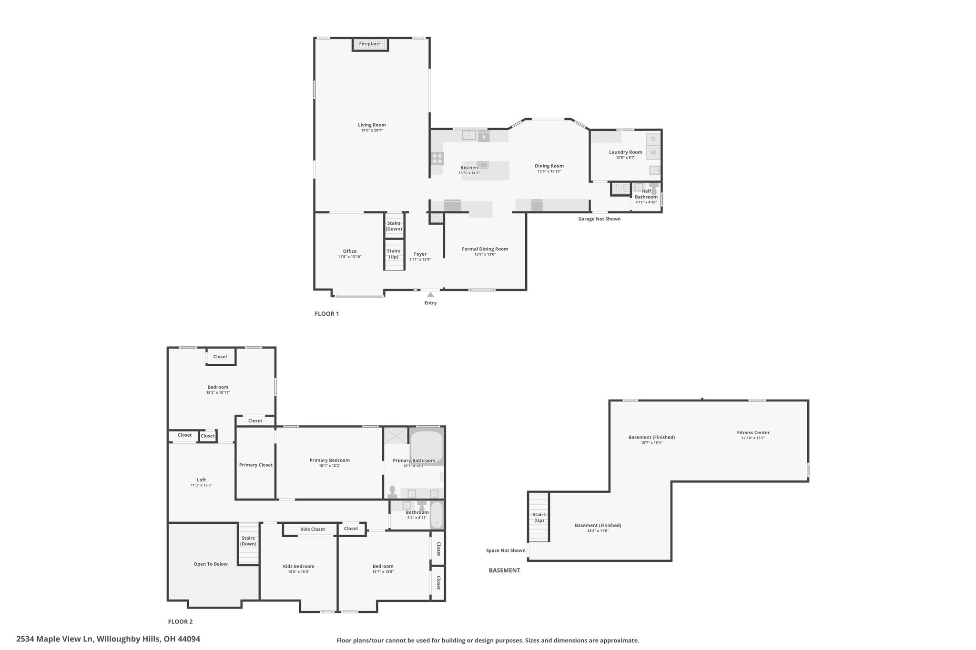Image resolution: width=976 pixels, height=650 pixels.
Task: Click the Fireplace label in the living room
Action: [369, 44]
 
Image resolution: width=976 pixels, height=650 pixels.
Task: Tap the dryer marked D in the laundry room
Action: [653, 139]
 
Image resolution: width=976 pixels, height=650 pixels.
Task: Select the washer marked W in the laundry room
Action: [653, 153]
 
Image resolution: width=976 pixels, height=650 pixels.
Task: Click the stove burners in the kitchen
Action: [437, 158]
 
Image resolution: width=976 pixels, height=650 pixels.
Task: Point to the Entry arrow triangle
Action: [430, 295]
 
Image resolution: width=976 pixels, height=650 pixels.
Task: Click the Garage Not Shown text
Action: [599, 219]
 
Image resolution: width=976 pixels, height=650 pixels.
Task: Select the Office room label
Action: [350, 251]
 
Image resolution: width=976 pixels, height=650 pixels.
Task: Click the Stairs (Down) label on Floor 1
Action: [394, 226]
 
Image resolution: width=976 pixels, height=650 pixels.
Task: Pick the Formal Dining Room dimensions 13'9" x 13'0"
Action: [485, 254]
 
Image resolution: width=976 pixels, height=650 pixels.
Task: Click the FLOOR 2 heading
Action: [180, 621]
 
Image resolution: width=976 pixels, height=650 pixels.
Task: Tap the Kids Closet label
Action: [313, 529]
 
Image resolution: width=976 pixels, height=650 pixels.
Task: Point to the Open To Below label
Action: [211, 564]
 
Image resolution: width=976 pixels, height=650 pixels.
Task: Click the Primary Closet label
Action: [256, 465]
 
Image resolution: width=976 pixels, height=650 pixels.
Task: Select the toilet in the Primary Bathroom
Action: [393, 492]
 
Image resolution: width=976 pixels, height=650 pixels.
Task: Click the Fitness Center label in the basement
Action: [753, 433]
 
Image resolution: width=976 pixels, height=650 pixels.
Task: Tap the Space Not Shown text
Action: [506, 550]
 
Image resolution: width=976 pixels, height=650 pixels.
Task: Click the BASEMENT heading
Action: [504, 570]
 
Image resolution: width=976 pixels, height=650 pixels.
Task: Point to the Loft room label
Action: [201, 480]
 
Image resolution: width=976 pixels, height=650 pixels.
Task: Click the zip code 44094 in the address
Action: [188, 639]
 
